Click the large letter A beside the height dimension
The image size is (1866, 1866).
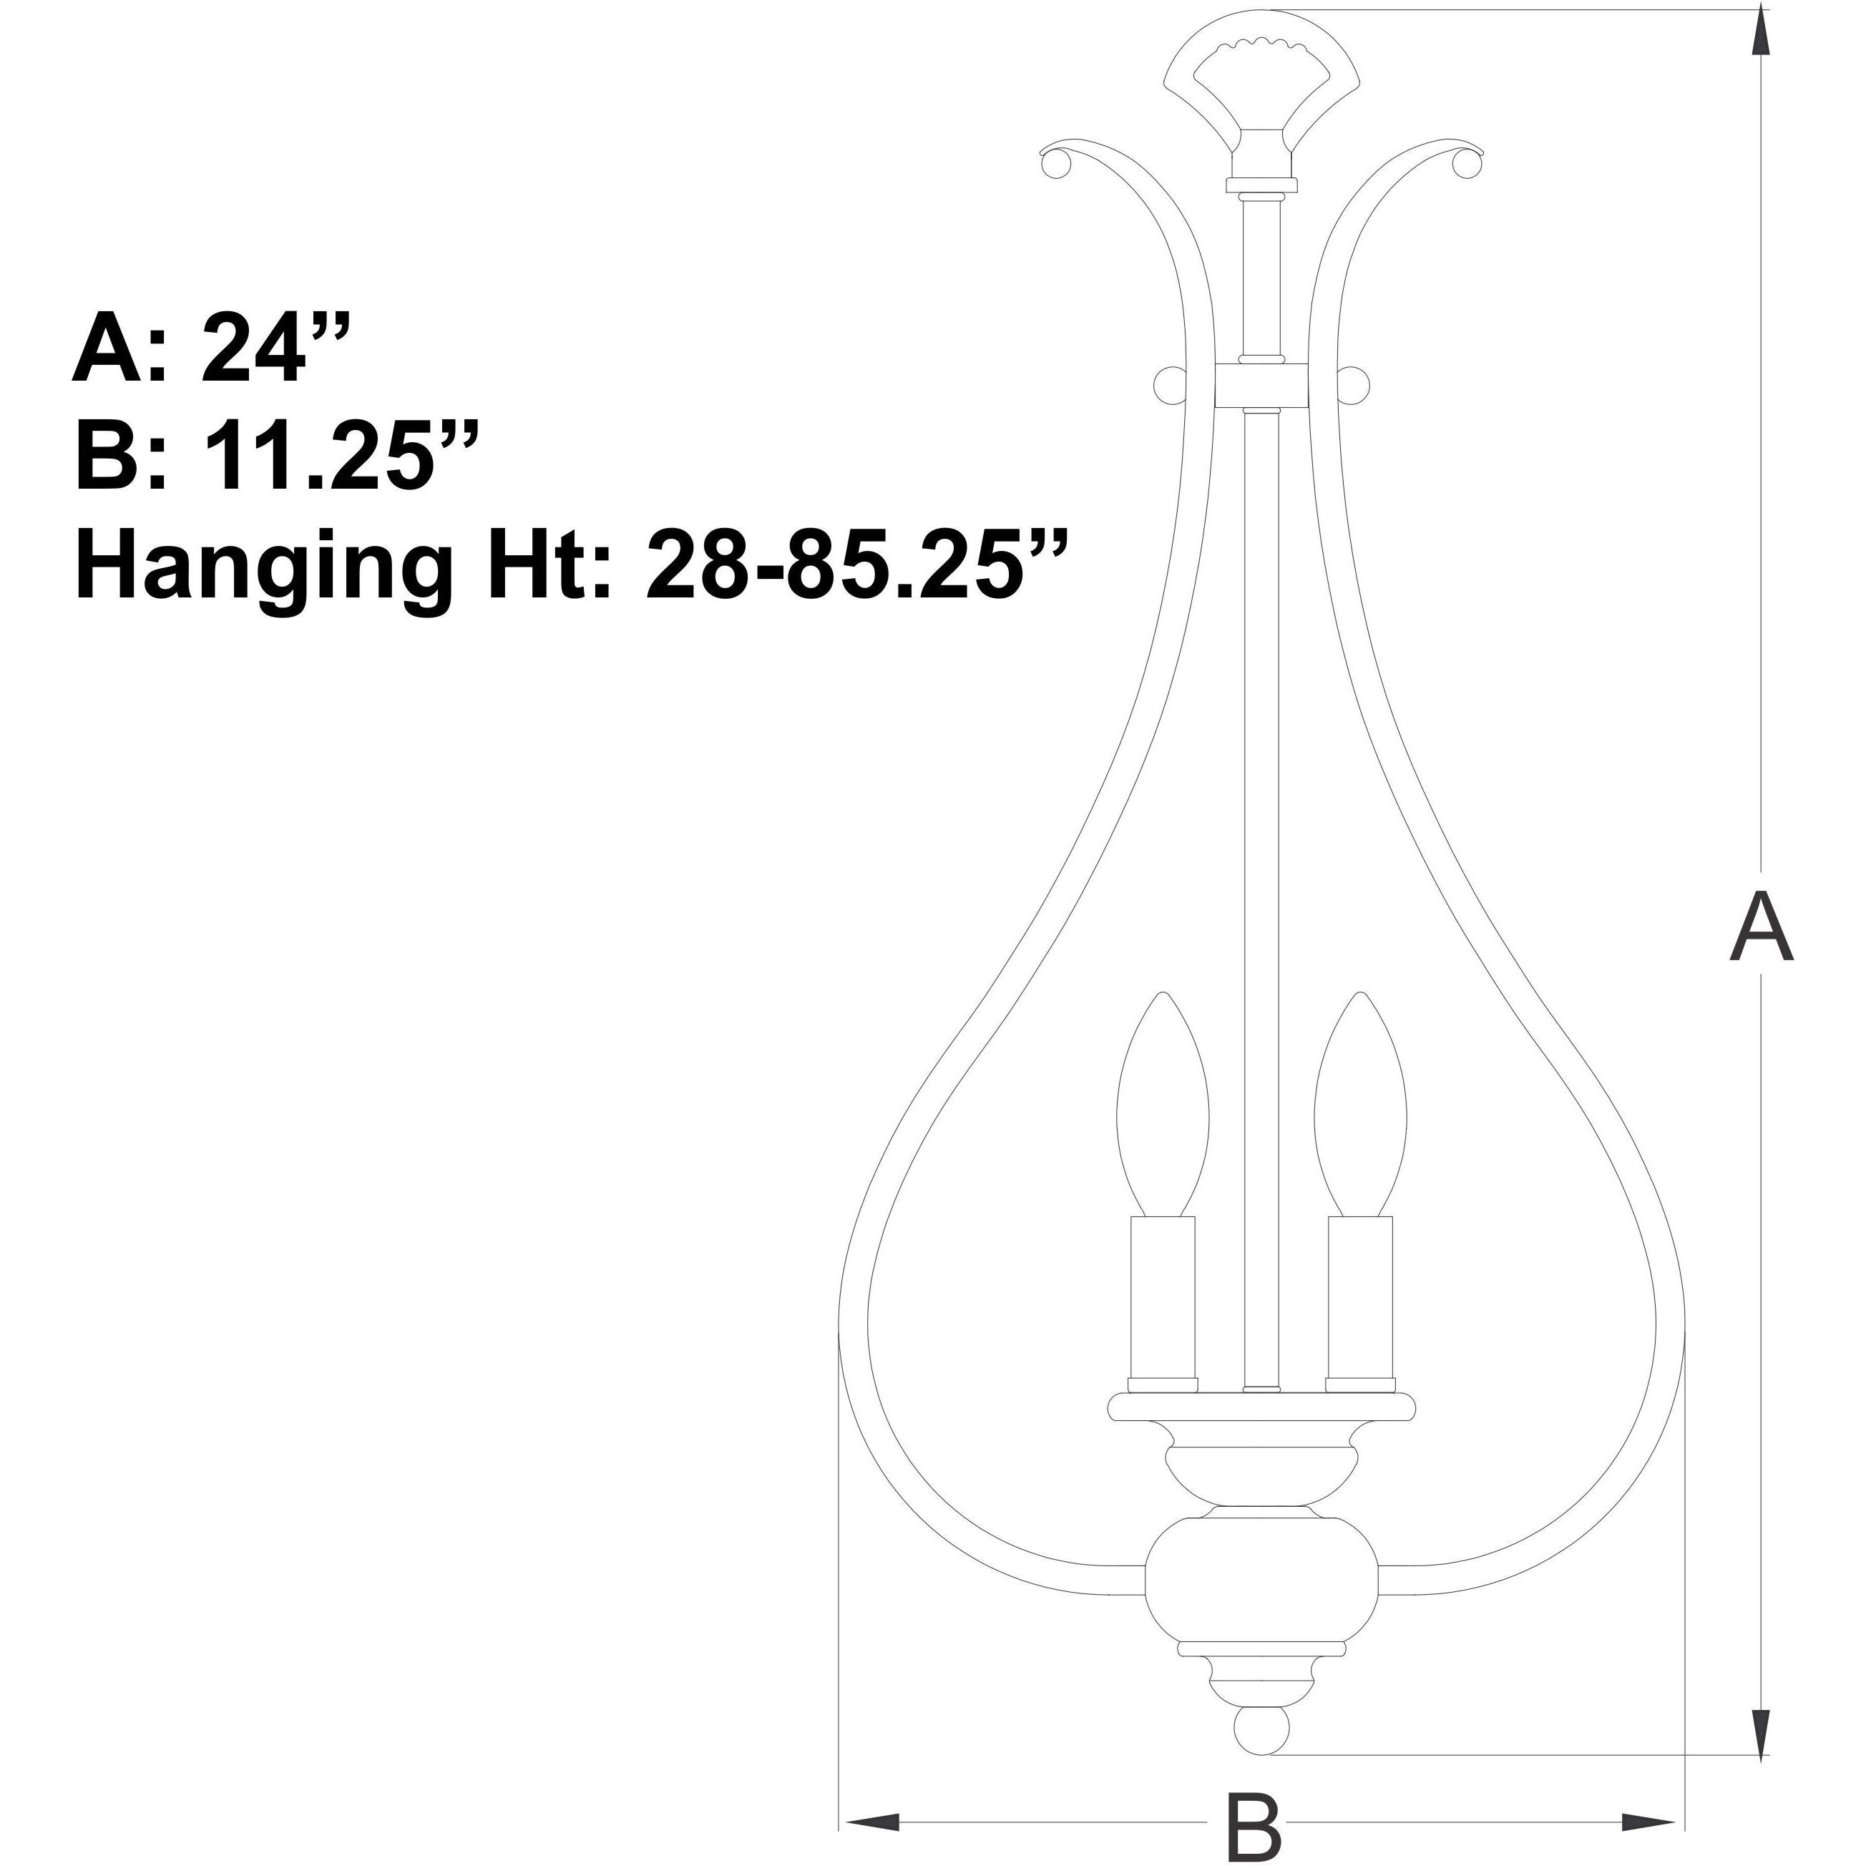[x=1762, y=927]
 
